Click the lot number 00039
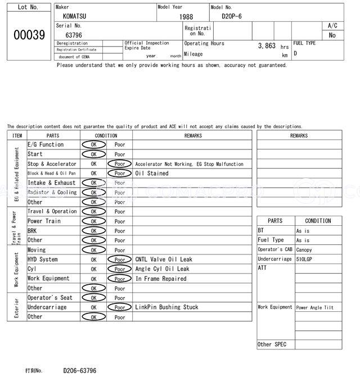click(29, 35)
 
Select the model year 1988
click(186, 17)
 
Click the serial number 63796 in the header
click(74, 35)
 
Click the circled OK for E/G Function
click(93, 145)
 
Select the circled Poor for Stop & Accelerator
click(120, 164)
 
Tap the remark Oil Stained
click(152, 174)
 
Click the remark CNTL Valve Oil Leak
click(164, 260)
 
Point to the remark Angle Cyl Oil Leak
click(162, 269)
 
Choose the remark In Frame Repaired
click(161, 279)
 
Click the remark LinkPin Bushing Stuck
click(166, 307)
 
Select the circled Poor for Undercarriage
click(120, 307)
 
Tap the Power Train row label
click(43, 221)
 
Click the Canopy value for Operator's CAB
click(304, 250)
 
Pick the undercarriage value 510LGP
click(305, 260)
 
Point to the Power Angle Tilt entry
click(315, 308)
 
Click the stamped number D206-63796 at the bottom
click(79, 371)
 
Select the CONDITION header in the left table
click(106, 135)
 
